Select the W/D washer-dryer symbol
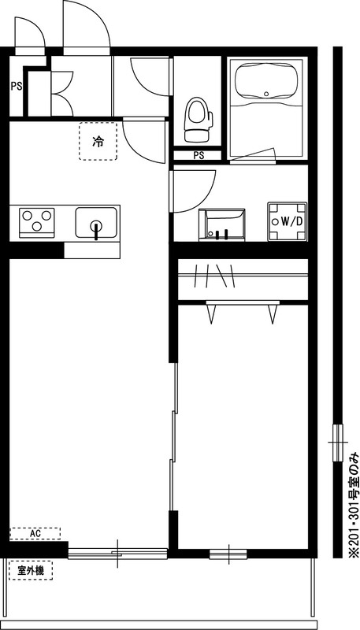288,221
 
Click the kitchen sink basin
96,222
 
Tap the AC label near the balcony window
35,533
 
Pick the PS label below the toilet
199,155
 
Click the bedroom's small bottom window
228,553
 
